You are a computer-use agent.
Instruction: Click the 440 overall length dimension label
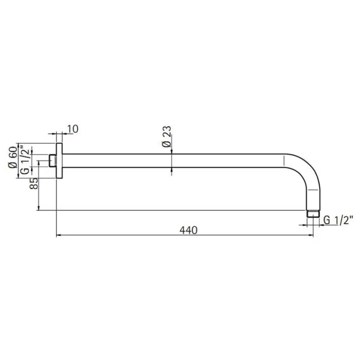pyautogui.click(x=189, y=230)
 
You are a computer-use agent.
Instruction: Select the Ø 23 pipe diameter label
pyautogui.click(x=166, y=138)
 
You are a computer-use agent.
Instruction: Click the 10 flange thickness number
pyautogui.click(x=73, y=129)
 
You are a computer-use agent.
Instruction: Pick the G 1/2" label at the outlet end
pyautogui.click(x=338, y=221)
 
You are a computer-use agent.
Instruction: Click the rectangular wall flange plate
pyautogui.click(x=59, y=160)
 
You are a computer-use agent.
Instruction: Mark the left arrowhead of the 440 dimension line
pyautogui.click(x=58, y=236)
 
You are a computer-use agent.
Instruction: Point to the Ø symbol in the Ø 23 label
pyautogui.click(x=166, y=145)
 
